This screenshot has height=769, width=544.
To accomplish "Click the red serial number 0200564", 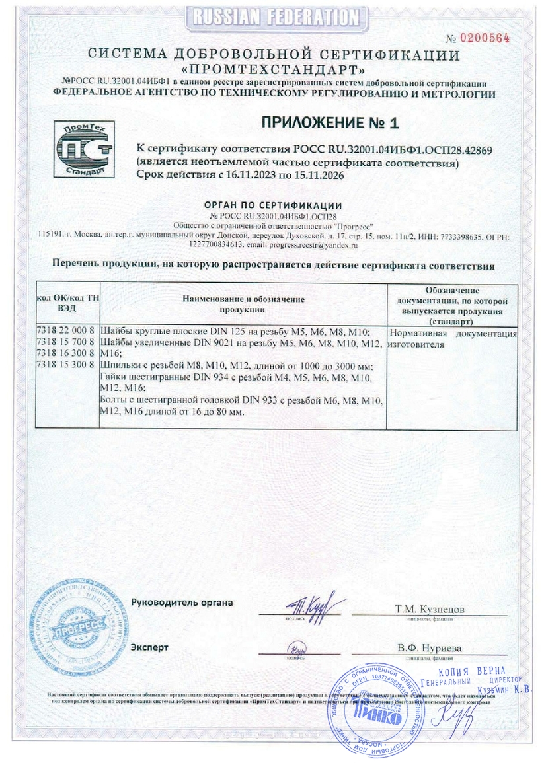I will tap(487, 37).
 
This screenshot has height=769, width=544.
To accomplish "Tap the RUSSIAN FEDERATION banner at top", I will tap(272, 16).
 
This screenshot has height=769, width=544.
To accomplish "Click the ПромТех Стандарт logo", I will tap(83, 149).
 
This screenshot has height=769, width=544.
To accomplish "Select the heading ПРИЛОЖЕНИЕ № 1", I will tap(330, 122).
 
